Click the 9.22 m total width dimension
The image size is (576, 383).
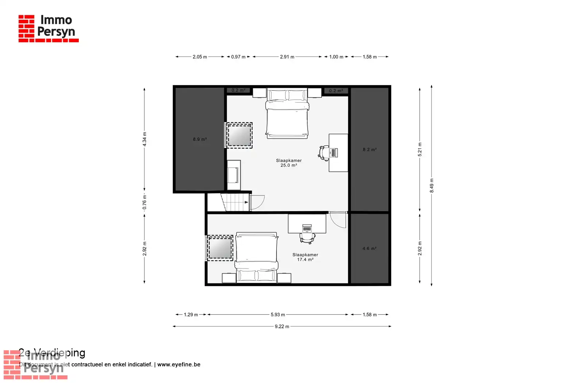[x=282, y=326]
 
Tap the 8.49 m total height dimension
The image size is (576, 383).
[x=432, y=185]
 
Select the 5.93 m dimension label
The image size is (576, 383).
[x=278, y=314]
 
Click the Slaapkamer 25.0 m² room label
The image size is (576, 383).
[x=289, y=163]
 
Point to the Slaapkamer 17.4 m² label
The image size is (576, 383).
[x=305, y=257]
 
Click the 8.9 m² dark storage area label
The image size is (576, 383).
[x=200, y=139]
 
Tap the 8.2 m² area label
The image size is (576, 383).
[x=369, y=150]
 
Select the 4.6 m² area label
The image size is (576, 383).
[x=369, y=248]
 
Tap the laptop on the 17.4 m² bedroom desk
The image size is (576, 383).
[x=307, y=229]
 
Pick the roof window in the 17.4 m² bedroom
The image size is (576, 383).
[x=220, y=248]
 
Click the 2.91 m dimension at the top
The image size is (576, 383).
[x=287, y=57]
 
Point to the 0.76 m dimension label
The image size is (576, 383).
[x=145, y=202]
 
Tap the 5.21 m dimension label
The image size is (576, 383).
[x=420, y=150]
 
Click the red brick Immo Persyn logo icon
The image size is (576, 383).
[x=26, y=28]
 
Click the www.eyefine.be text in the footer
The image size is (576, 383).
[x=179, y=364]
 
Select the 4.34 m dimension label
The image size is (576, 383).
[x=145, y=139]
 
